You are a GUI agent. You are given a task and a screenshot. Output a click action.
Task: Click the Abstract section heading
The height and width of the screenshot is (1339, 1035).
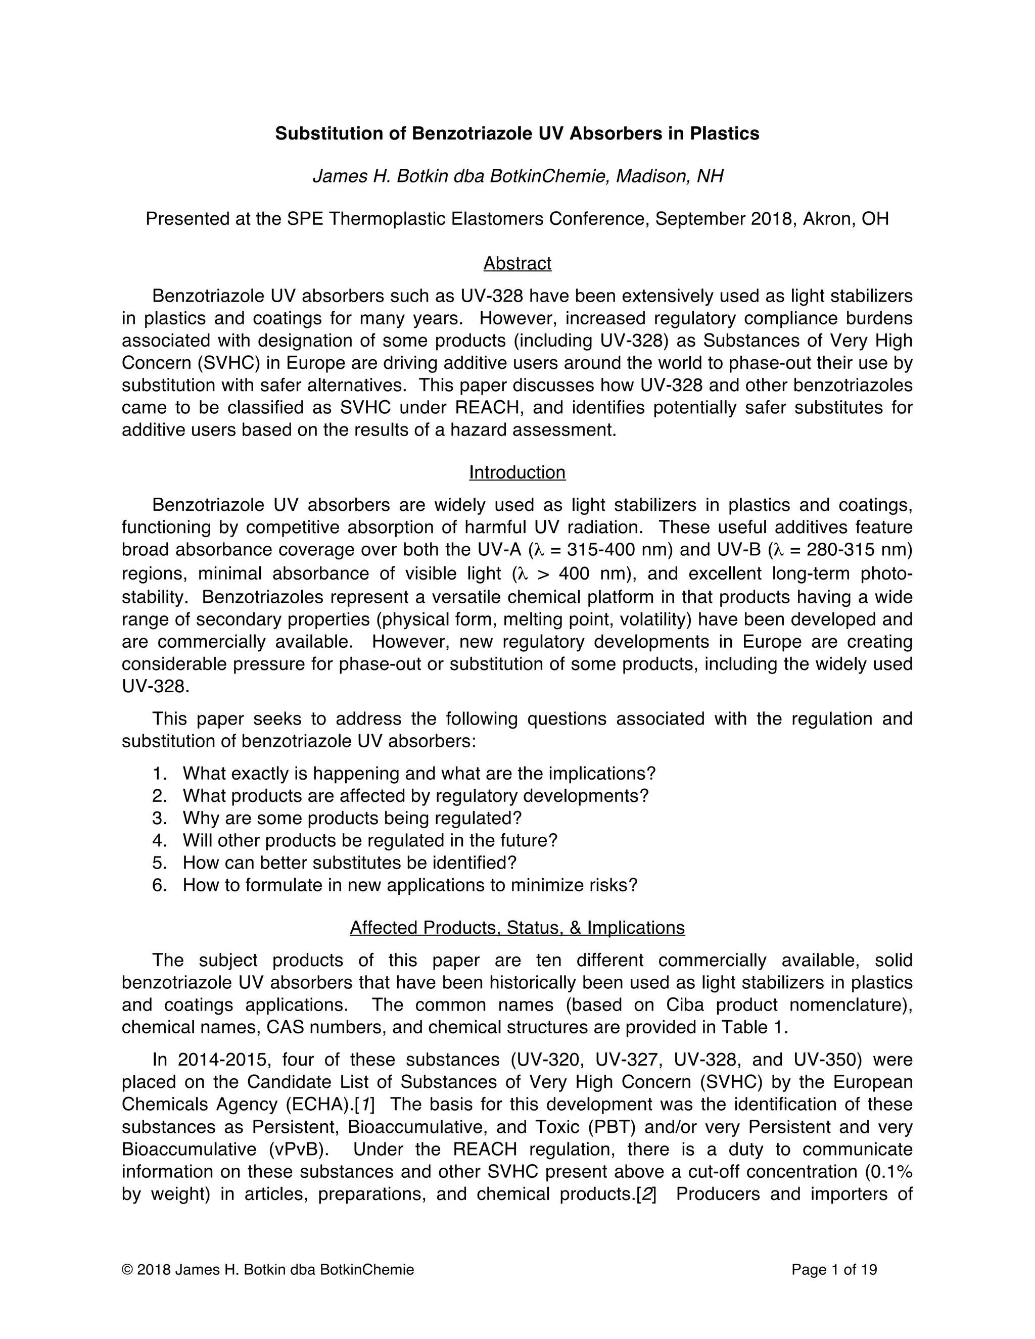point(517,264)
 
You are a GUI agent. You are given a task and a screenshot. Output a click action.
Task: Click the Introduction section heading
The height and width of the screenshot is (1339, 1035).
point(517,472)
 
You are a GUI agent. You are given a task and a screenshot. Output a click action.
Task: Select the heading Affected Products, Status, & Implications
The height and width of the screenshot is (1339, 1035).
point(517,928)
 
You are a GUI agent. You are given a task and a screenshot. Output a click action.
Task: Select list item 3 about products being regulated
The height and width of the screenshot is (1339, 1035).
point(351,819)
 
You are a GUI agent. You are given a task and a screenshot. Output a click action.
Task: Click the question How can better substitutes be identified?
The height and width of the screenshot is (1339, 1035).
point(350,863)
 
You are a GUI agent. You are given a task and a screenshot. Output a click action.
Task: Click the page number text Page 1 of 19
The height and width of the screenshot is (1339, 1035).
point(834,1270)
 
